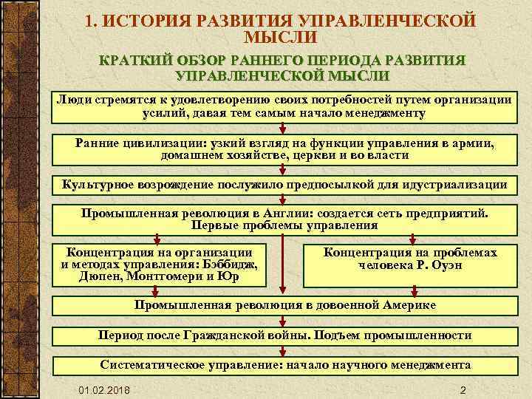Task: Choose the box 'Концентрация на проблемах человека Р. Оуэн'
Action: point(410,259)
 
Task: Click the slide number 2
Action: point(462,389)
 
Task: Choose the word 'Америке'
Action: point(409,304)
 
